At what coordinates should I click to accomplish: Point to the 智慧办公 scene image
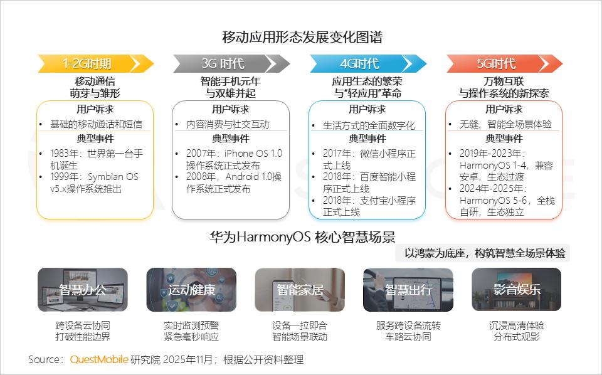point(83,290)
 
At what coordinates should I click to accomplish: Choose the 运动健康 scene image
point(191,290)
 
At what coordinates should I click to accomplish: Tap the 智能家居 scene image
point(300,290)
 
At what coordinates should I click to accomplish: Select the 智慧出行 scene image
point(408,290)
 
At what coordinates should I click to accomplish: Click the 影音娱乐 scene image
point(516,290)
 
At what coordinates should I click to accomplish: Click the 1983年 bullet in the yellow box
point(97,159)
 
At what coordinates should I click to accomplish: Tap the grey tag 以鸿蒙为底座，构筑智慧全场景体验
point(484,253)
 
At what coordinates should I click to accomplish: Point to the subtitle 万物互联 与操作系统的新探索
point(504,87)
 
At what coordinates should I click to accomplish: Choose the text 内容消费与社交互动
point(228,124)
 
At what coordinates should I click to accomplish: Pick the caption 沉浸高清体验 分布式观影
point(516,331)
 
